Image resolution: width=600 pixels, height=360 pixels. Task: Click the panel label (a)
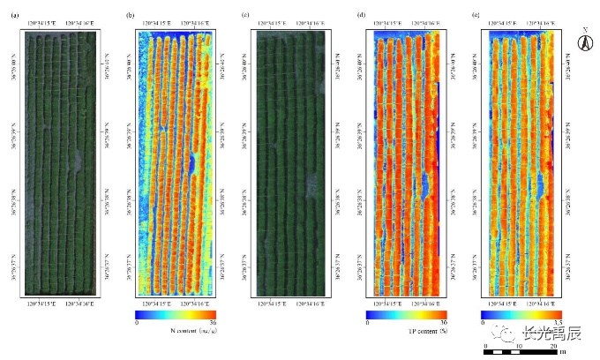[14, 15]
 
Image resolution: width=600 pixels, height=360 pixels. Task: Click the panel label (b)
[130, 15]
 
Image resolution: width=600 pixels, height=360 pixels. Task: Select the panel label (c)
[245, 15]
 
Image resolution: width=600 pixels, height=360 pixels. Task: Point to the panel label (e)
[477, 15]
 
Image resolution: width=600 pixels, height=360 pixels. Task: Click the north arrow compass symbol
[583, 41]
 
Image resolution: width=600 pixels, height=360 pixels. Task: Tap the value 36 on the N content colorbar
[214, 323]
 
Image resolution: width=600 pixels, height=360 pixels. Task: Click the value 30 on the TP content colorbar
[443, 323]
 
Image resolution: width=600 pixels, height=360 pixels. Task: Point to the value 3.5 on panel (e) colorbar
[558, 323]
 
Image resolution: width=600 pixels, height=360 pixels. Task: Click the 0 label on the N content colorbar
[137, 323]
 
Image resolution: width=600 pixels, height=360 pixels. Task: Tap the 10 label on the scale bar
[519, 346]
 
